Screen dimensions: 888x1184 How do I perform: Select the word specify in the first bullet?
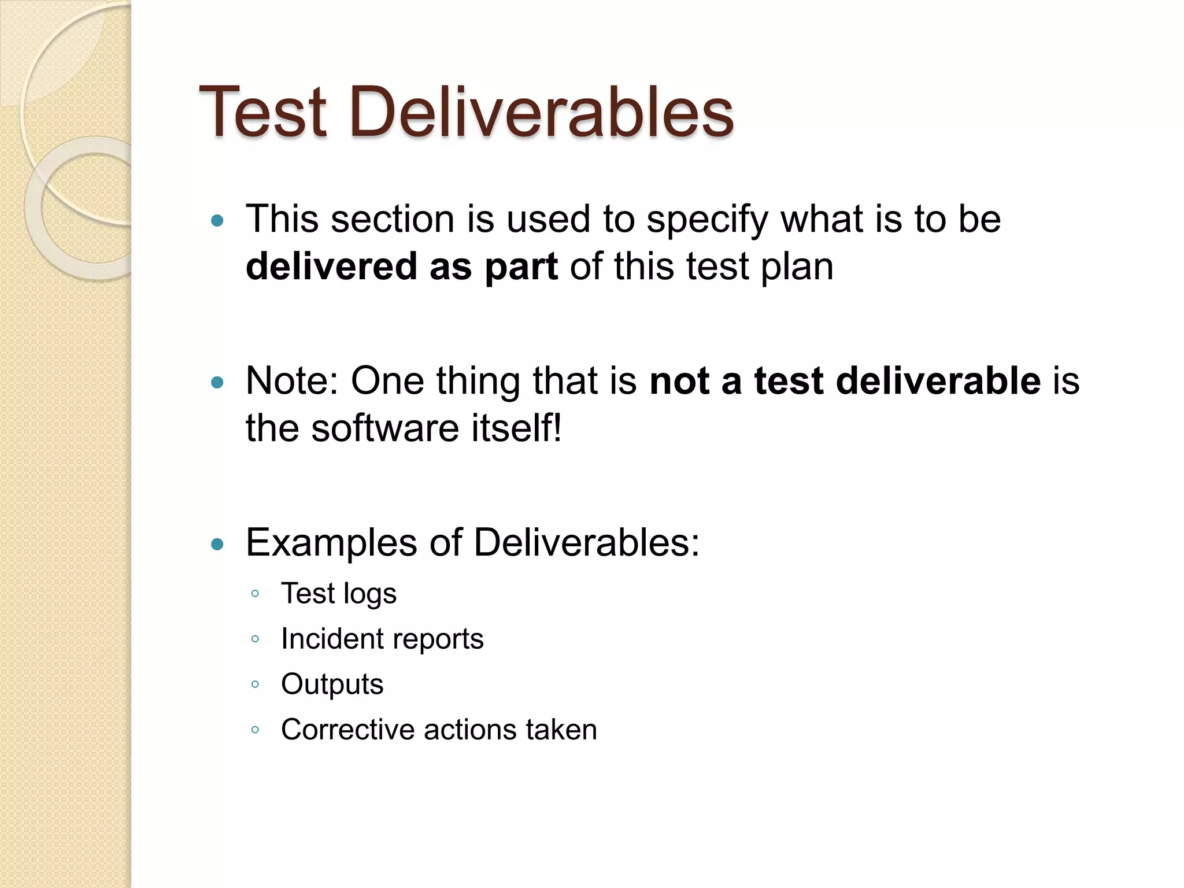tap(707, 220)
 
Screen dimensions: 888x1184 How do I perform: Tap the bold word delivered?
tap(331, 267)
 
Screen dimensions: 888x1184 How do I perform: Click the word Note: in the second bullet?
tap(293, 381)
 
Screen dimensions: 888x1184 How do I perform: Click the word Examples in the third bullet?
tap(331, 543)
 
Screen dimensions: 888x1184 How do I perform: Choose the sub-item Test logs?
tap(339, 594)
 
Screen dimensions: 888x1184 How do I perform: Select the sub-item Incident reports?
tap(382, 639)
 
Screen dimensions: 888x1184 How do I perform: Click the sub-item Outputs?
tap(332, 684)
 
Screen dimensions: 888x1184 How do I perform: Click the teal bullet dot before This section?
tap(217, 220)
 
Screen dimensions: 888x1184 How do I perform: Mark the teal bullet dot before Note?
tap(217, 382)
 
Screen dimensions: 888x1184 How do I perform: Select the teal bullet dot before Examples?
tap(217, 544)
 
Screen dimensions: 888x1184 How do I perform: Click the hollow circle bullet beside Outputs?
tap(255, 684)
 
